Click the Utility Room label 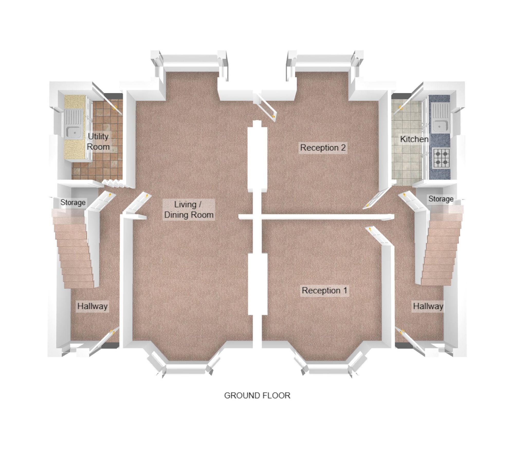(98, 141)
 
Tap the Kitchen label (414, 139)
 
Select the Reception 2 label (323, 148)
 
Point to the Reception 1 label (324, 290)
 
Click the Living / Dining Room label (189, 210)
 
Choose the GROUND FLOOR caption (257, 395)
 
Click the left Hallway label (93, 306)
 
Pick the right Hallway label (428, 306)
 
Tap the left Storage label (73, 203)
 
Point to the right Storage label (441, 199)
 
